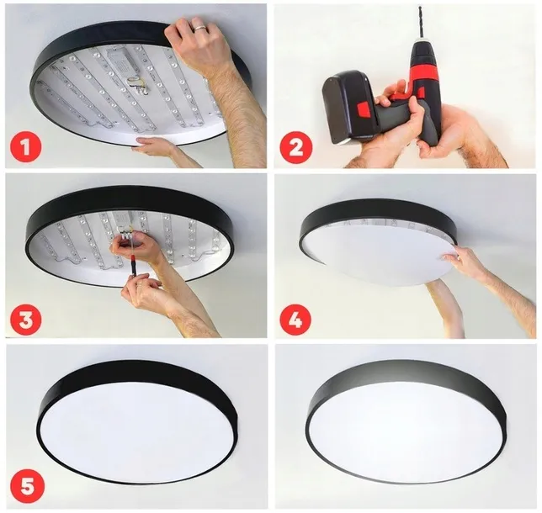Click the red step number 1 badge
25,148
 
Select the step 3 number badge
25,319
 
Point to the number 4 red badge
295,319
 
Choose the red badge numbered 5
25,488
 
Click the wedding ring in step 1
199,29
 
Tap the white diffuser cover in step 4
379,252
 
